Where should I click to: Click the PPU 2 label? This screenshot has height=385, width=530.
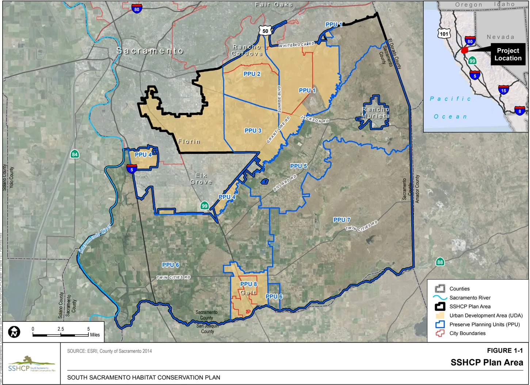pyautogui.click(x=252, y=74)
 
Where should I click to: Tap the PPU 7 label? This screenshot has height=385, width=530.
pyautogui.click(x=342, y=220)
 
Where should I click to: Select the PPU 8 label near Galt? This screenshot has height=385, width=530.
pyautogui.click(x=248, y=284)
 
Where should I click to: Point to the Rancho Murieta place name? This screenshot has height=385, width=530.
pyautogui.click(x=375, y=113)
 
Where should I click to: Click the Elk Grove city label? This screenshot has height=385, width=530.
pyautogui.click(x=201, y=179)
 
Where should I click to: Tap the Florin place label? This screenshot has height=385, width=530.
pyautogui.click(x=189, y=142)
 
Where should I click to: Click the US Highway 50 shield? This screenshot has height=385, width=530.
pyautogui.click(x=265, y=31)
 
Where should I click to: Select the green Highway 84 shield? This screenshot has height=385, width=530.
pyautogui.click(x=75, y=154)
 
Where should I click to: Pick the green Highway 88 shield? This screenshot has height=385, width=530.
pyautogui.click(x=440, y=262)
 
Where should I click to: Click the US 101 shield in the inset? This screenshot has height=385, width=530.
pyautogui.click(x=444, y=34)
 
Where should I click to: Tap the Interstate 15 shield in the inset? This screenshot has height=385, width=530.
pyautogui.click(x=504, y=90)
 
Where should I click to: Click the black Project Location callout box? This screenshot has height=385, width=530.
pyautogui.click(x=508, y=54)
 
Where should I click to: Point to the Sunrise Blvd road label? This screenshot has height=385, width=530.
pyautogui.click(x=279, y=99)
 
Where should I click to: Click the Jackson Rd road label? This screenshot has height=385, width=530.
pyautogui.click(x=314, y=119)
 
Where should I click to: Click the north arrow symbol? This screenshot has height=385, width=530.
pyautogui.click(x=14, y=332)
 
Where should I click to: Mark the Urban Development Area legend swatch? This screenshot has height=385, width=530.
pyautogui.click(x=440, y=315)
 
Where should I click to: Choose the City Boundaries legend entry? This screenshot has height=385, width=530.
pyautogui.click(x=467, y=333)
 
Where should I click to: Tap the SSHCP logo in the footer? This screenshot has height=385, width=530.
pyautogui.click(x=31, y=364)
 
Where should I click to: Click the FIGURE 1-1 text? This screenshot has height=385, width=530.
pyautogui.click(x=504, y=351)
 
